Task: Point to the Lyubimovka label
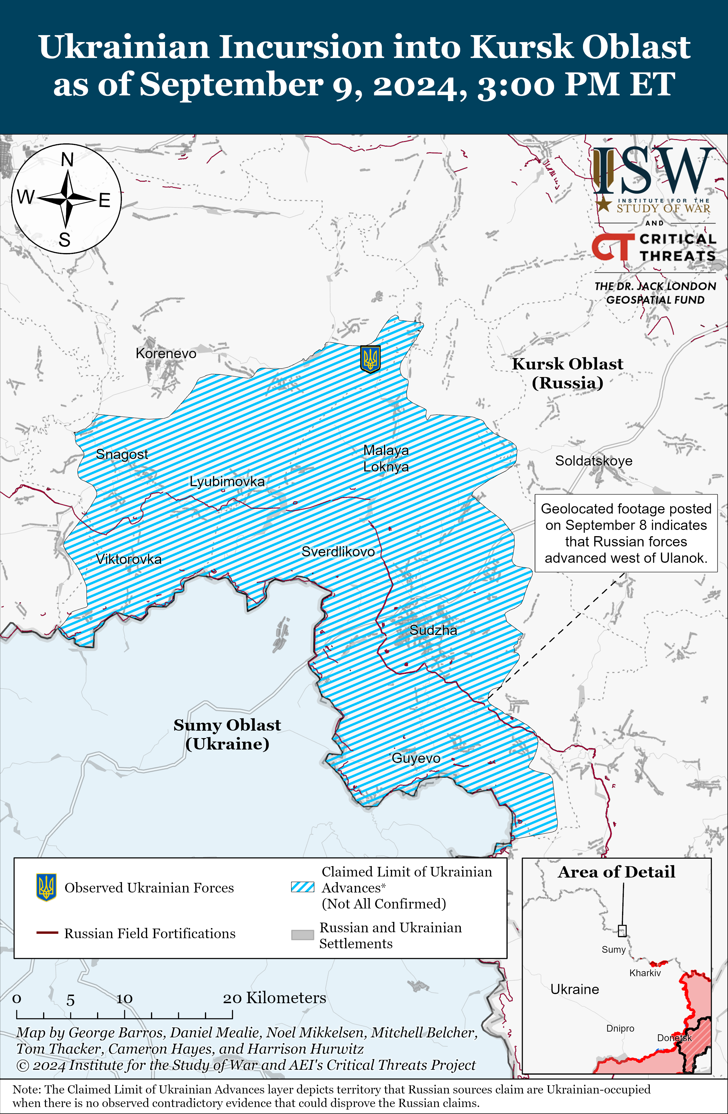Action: [227, 481]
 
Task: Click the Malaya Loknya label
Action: [386, 458]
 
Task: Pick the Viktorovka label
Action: [129, 559]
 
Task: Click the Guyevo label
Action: [416, 758]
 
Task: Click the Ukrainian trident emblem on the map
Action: [370, 359]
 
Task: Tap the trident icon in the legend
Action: [46, 887]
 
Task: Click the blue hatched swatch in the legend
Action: [302, 887]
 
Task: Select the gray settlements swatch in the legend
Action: [302, 935]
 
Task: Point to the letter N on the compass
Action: [67, 160]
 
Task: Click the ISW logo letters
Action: [654, 171]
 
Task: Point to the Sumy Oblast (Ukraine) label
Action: [227, 734]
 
